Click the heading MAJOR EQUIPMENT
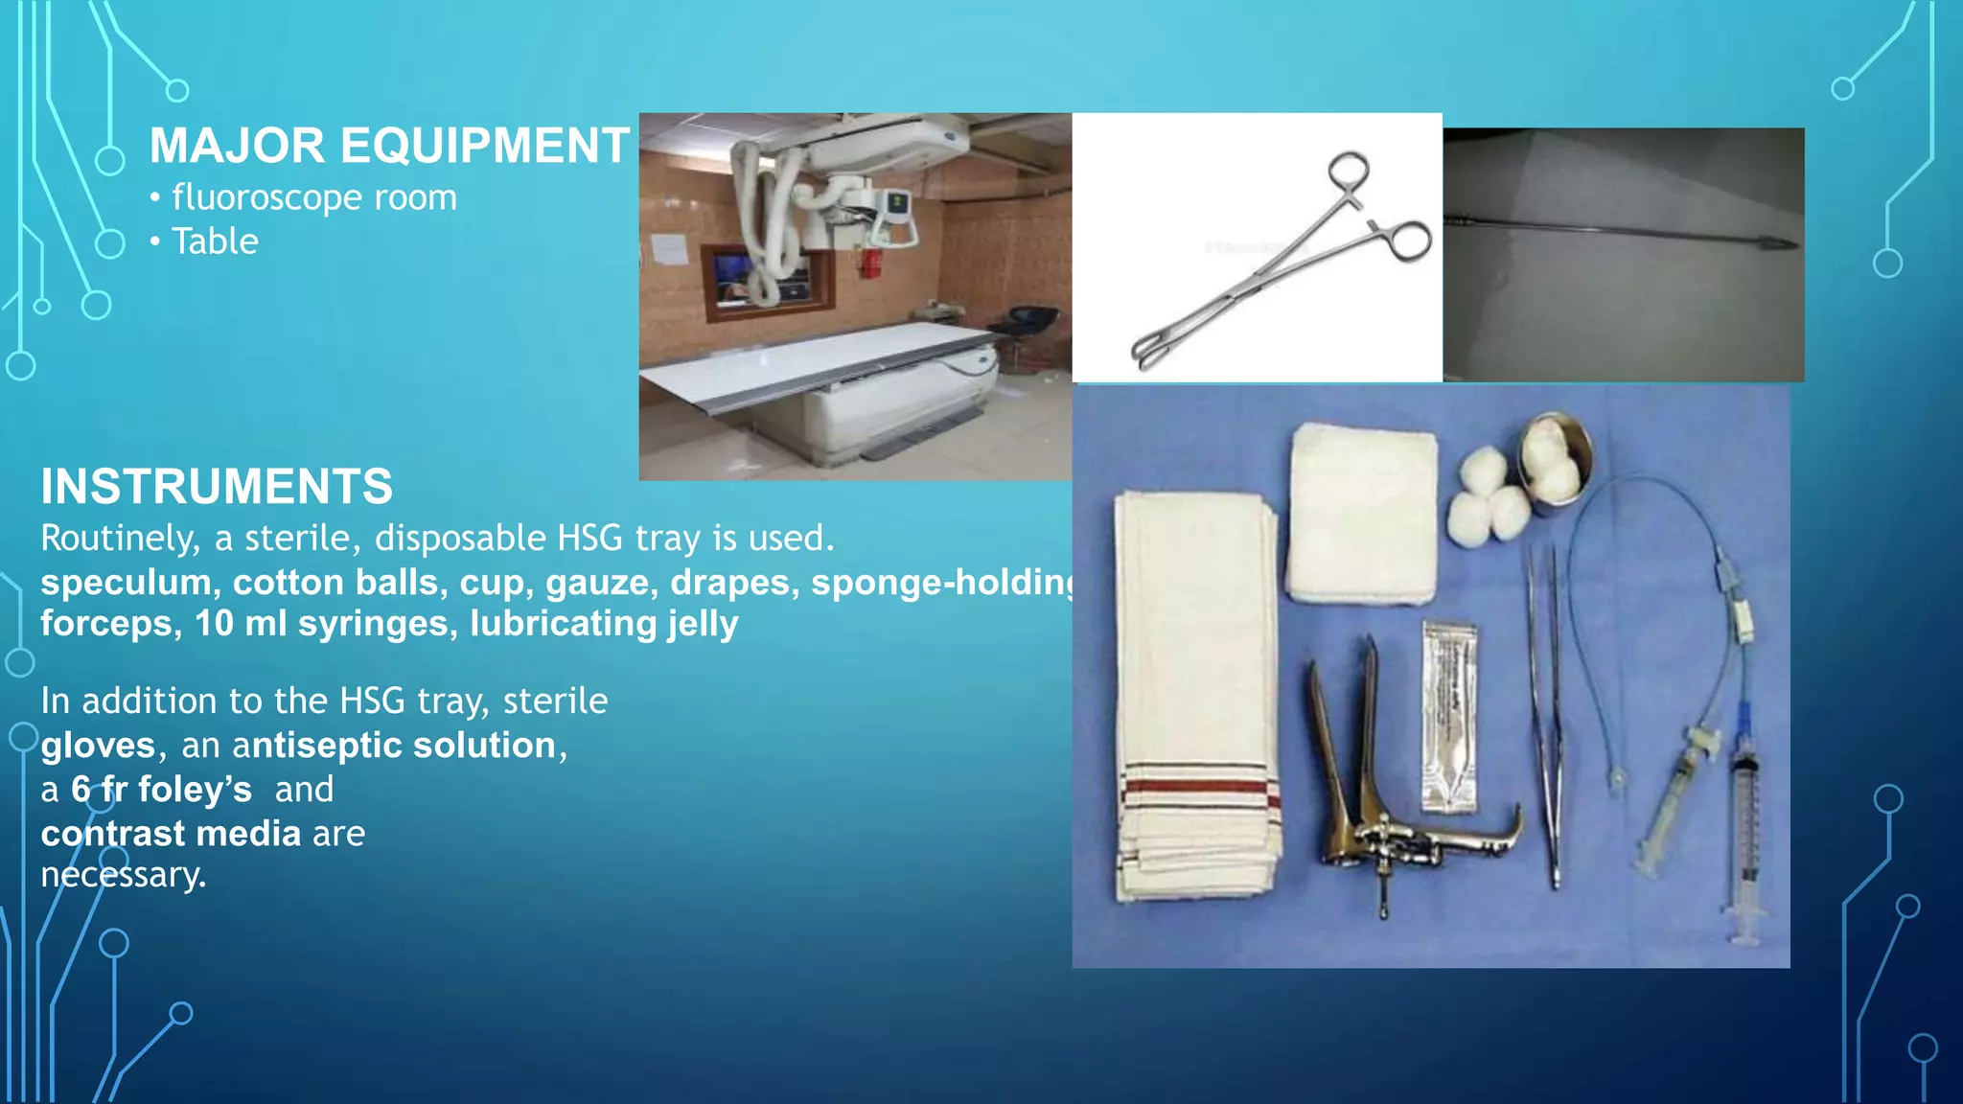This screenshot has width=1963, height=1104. tap(389, 147)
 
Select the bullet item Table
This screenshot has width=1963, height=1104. tap(215, 241)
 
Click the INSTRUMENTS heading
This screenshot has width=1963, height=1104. tap(217, 487)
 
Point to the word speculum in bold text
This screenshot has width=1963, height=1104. tap(126, 583)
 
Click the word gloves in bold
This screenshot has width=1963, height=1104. tap(98, 746)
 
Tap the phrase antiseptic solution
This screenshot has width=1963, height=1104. tap(394, 746)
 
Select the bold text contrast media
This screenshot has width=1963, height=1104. tap(171, 834)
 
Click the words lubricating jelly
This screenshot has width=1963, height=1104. tap(604, 624)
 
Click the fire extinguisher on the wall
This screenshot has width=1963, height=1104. tap(868, 261)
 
